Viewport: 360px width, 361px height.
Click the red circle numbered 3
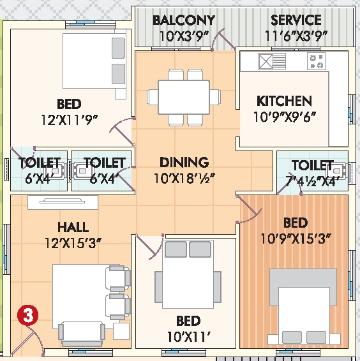[27, 315]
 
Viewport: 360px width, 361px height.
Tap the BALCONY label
[184, 20]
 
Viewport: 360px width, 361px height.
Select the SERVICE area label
[296, 20]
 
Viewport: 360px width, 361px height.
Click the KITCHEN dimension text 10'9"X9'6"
[285, 117]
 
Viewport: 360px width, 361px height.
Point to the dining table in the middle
[184, 97]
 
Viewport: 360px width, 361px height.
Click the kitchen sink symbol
[272, 61]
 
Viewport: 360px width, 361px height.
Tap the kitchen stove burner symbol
[316, 61]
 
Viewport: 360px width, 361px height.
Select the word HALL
[73, 227]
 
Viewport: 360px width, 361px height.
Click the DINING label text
[184, 162]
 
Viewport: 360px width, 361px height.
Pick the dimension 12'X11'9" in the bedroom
[69, 120]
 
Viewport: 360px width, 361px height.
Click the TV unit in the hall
[63, 203]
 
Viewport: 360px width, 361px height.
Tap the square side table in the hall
[121, 331]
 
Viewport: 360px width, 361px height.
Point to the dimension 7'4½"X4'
[313, 181]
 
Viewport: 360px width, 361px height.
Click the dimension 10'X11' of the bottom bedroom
[188, 337]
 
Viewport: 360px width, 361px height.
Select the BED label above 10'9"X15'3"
[296, 223]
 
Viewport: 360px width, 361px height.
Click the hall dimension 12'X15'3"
[73, 243]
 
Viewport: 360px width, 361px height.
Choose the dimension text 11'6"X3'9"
[296, 36]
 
